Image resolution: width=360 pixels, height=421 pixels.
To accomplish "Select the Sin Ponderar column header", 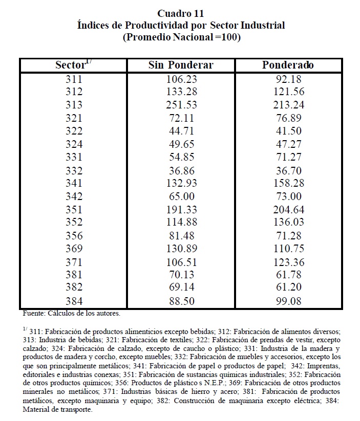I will pyautogui.click(x=181, y=65).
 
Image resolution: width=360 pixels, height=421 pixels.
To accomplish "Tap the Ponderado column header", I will pyautogui.click(x=288, y=65).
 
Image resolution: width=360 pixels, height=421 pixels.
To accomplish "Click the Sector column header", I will pyautogui.click(x=73, y=65).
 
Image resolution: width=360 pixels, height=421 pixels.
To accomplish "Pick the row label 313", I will pyautogui.click(x=74, y=105).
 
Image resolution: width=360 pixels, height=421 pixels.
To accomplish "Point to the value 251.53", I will pyautogui.click(x=181, y=105).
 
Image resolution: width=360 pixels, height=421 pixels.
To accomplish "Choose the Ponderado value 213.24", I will pyautogui.click(x=289, y=105).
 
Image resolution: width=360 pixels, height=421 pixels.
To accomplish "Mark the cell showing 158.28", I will pyautogui.click(x=289, y=183).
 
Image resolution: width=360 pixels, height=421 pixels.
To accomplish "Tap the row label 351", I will pyautogui.click(x=74, y=209).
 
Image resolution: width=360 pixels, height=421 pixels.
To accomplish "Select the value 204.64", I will pyautogui.click(x=289, y=209).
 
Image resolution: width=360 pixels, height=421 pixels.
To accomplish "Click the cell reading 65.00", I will pyautogui.click(x=181, y=195).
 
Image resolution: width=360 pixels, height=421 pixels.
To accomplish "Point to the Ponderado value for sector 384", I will pyautogui.click(x=289, y=301).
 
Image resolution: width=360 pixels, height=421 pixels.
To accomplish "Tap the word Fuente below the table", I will pyautogui.click(x=34, y=312).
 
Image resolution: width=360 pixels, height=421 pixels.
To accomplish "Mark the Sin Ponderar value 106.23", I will pyautogui.click(x=181, y=79).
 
